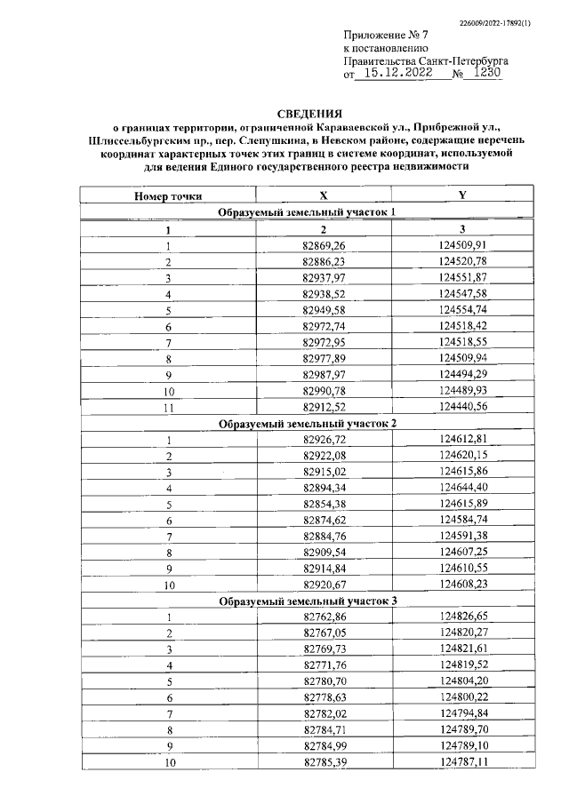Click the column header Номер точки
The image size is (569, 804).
[167, 195]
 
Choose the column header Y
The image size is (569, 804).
[462, 195]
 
